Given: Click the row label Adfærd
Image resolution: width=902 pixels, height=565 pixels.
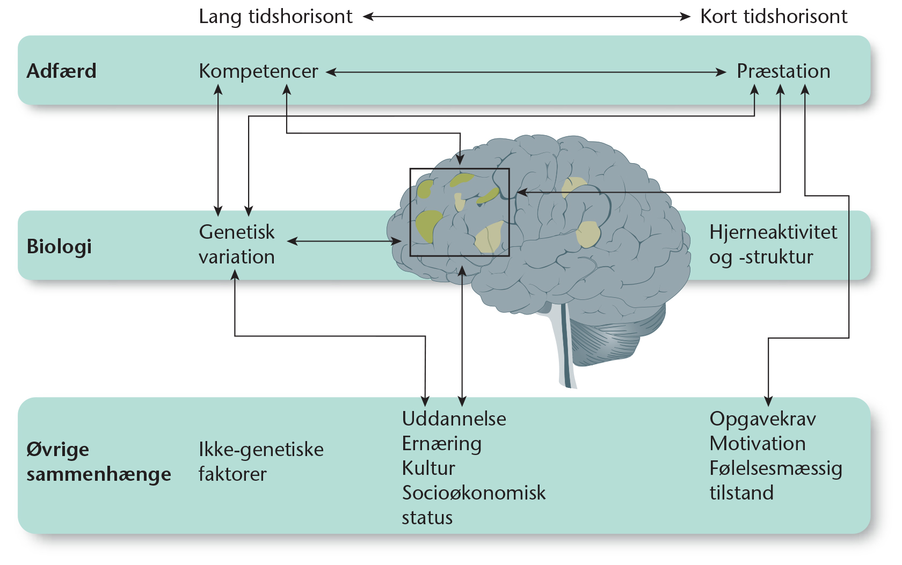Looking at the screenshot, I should coord(61,71).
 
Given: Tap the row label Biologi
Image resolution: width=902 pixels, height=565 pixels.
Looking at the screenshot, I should coord(59,246).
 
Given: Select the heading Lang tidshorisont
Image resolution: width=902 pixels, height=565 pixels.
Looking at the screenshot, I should coord(275,17).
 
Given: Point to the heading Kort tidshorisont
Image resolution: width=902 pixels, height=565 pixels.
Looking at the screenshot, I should coord(774,17).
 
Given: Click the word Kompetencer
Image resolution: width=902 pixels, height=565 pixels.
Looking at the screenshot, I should coord(258,71).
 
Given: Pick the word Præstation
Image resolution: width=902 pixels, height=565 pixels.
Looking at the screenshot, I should coord(783,71).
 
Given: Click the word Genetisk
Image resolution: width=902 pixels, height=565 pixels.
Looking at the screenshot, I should coord(237,232).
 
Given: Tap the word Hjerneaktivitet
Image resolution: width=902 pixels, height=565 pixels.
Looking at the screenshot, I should coord(773,232).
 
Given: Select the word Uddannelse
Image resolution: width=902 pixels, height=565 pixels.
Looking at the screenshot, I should coord(454,419).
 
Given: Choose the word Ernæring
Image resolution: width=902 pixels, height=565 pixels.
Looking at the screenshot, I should coord(441,444).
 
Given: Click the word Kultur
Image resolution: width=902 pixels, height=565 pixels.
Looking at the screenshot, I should coord(428,468).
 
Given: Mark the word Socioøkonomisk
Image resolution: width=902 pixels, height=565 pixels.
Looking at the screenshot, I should coord(474,493).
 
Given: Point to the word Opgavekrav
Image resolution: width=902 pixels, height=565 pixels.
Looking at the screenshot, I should coord(762,419).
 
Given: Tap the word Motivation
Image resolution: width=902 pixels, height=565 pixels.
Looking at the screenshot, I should coord(757,444).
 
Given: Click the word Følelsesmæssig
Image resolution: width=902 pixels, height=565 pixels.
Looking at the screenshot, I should coord(775,468).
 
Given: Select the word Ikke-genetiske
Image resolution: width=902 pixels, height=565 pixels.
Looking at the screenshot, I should coord(261,450).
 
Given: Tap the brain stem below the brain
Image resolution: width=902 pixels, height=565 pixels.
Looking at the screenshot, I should coord(564,349).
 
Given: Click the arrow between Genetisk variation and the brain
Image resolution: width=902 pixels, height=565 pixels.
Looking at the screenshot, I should coord(344,241).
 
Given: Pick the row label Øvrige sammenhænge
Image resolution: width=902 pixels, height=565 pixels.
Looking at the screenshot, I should coord(98,461).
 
